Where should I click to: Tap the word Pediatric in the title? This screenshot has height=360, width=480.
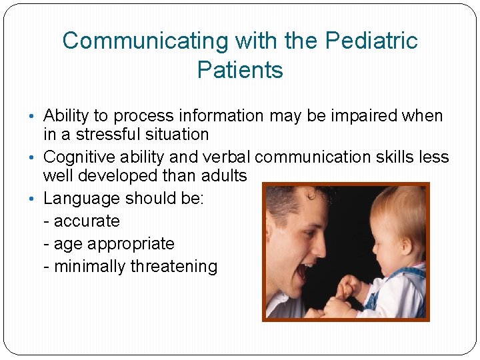(371, 41)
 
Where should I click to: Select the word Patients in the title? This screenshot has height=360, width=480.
(240, 70)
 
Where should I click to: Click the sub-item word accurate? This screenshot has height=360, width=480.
(87, 221)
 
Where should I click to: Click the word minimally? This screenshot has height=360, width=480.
(90, 267)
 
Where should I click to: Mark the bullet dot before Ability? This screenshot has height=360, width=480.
(37, 116)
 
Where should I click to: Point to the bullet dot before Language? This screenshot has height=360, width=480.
(37, 199)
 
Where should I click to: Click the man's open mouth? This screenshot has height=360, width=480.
(305, 270)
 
